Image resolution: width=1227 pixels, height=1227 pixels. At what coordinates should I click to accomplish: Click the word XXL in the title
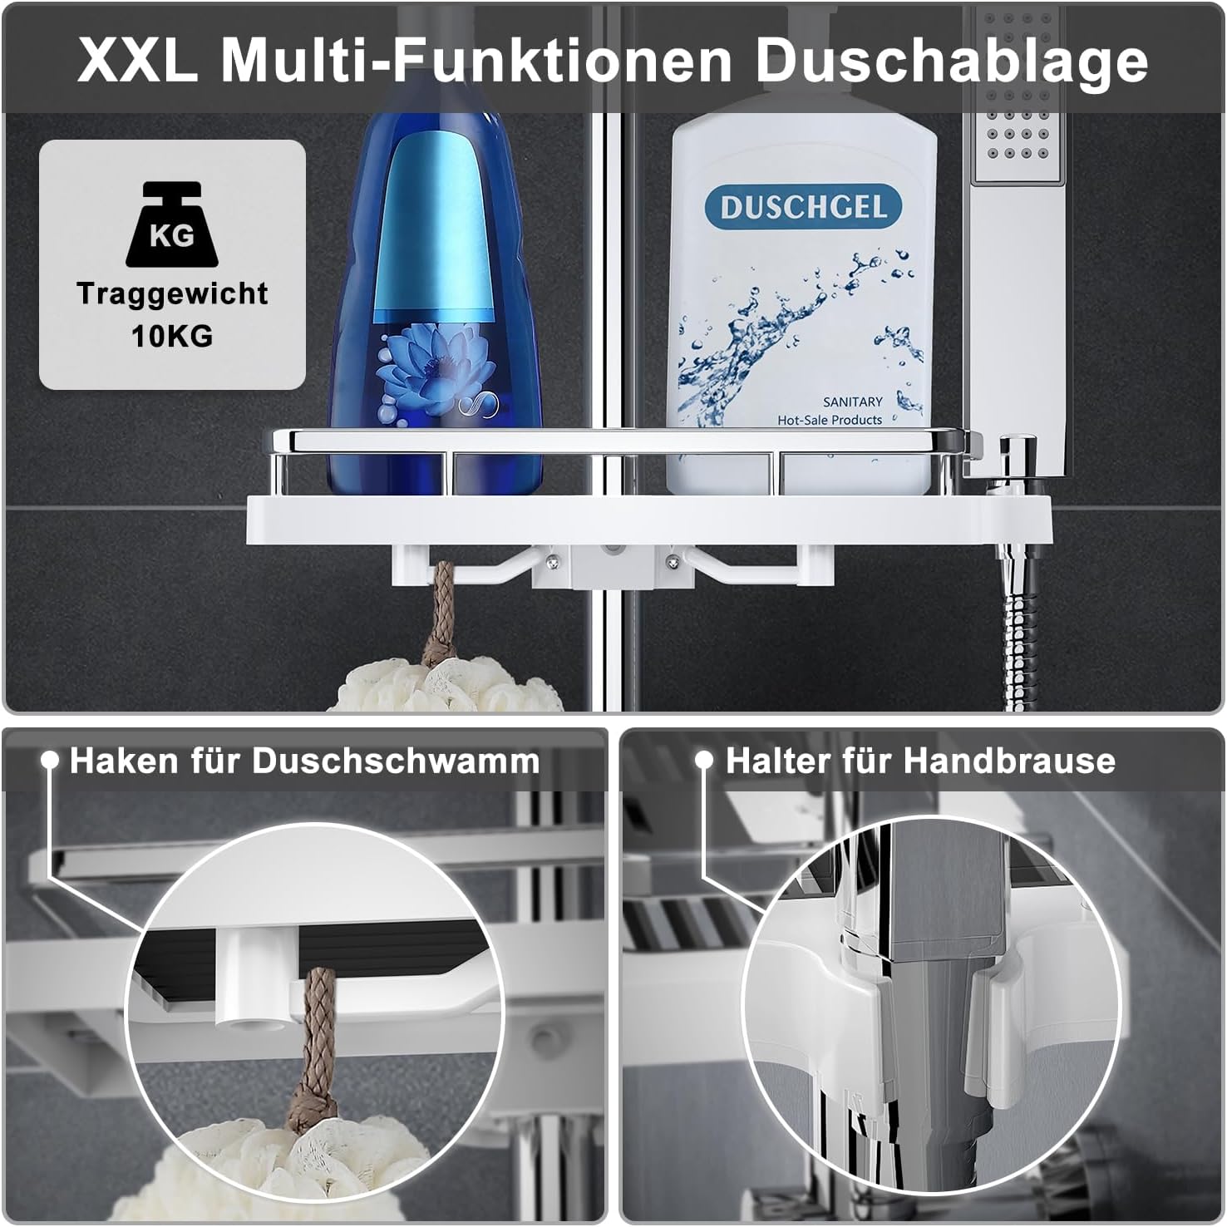[x=138, y=60]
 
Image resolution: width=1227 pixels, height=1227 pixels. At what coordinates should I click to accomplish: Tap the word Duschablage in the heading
[x=951, y=60]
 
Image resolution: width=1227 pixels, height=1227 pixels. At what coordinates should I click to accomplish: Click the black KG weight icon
[x=172, y=226]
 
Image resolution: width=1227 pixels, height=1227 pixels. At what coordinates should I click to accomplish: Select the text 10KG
[x=172, y=336]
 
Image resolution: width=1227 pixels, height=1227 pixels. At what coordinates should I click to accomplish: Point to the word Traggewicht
[x=172, y=293]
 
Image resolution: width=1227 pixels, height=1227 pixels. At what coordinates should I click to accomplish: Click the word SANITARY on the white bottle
[x=852, y=402]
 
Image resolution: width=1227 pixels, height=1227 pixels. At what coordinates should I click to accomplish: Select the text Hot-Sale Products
[x=829, y=421]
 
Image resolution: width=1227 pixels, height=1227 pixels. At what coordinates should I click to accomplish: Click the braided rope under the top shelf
[x=440, y=611]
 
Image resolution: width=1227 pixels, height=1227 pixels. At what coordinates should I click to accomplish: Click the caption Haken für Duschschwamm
[x=304, y=761]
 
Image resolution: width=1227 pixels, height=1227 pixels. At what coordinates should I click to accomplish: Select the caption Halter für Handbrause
[x=920, y=761]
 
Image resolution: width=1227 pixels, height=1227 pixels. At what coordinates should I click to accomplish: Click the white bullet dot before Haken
[x=50, y=761]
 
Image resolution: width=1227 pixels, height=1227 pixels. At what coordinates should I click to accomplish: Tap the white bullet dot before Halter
[x=704, y=761]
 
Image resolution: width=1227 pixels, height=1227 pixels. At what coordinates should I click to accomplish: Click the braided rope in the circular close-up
[x=323, y=1047]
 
